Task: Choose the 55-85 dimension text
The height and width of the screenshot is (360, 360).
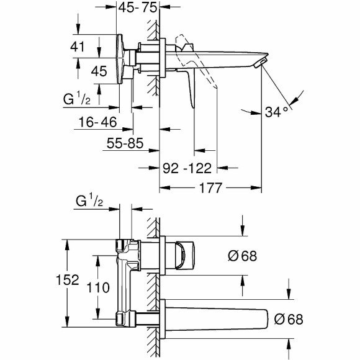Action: [124, 144]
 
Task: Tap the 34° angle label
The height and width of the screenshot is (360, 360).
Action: [276, 112]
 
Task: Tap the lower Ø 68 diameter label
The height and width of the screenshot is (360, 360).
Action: [287, 319]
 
